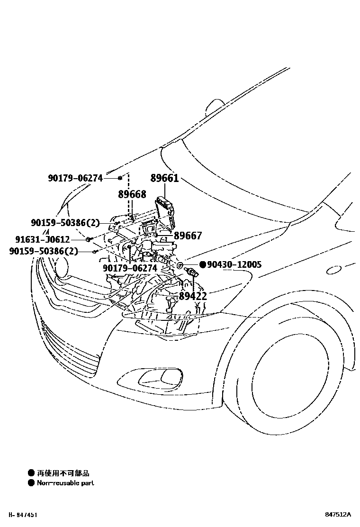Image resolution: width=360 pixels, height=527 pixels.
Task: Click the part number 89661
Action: (164, 178)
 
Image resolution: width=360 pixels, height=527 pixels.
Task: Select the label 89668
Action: (132, 194)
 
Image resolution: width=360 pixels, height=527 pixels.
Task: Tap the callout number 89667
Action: (188, 236)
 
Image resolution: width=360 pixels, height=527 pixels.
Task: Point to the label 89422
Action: (193, 297)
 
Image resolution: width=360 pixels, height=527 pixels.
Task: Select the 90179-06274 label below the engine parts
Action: (130, 268)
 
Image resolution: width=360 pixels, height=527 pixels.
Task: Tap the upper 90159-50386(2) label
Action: (66, 222)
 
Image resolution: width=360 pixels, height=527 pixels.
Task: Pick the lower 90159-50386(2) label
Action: (44, 251)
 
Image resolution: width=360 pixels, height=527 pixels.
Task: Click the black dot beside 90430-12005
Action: (202, 264)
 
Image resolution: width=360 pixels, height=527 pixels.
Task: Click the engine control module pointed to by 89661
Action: (165, 211)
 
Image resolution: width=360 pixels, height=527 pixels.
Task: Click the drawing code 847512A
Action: (338, 514)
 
